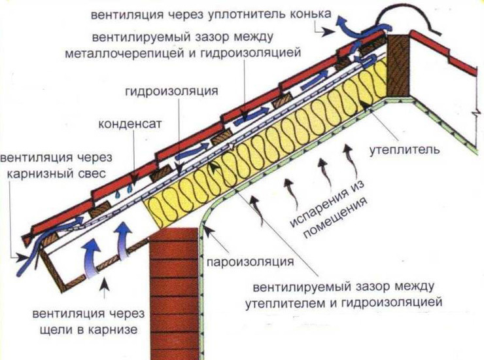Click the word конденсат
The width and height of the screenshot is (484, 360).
pyautogui.click(x=130, y=124)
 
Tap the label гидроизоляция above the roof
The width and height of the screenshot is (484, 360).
pyautogui.click(x=171, y=91)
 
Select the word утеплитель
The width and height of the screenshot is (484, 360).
pyautogui.click(x=404, y=150)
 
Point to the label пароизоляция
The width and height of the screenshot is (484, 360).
pyautogui.click(x=250, y=262)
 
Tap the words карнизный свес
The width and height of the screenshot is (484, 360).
pyautogui.click(x=56, y=173)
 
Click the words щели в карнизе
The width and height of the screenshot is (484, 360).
pyautogui.click(x=88, y=330)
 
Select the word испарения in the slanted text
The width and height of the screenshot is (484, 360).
pyautogui.click(x=327, y=202)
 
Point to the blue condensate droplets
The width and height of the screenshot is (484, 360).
pyautogui.click(x=124, y=191)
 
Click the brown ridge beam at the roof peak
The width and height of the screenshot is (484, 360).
pyautogui.click(x=398, y=65)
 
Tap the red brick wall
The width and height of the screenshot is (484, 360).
pyautogui.click(x=175, y=293)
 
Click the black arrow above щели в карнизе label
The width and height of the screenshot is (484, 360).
pyautogui.click(x=105, y=288)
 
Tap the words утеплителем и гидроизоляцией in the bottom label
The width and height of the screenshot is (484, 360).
pyautogui.click(x=344, y=302)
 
